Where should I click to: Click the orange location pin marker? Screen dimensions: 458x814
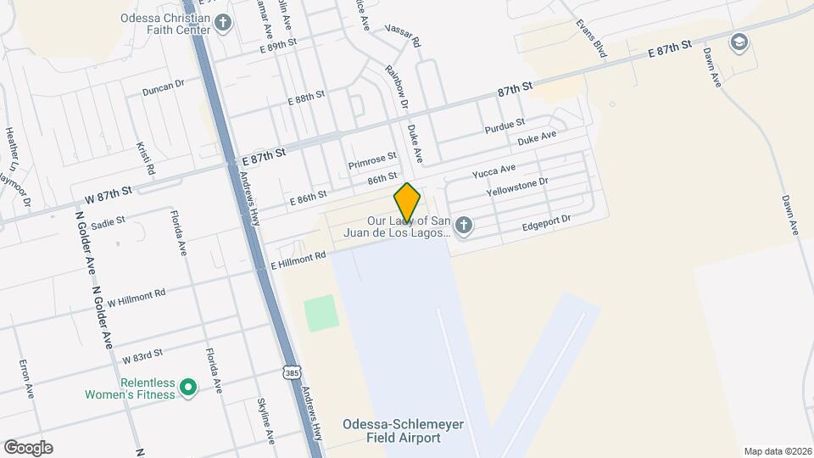(x=407, y=202)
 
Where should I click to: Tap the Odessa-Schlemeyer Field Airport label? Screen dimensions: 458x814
(x=391, y=431)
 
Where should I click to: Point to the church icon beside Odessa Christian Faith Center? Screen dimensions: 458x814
(x=223, y=22)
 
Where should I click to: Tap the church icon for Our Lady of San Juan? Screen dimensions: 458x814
(x=462, y=226)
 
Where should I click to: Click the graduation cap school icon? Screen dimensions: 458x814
(x=739, y=42)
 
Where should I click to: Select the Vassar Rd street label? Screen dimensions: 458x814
(x=403, y=35)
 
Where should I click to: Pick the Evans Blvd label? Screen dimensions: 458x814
(x=591, y=38)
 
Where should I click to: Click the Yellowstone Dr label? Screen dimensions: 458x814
(x=518, y=187)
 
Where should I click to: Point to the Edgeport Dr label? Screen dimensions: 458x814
(x=547, y=224)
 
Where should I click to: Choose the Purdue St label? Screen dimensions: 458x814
(x=505, y=127)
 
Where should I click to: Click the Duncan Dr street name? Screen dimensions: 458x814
(x=164, y=87)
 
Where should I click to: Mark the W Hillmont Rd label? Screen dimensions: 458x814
(x=130, y=298)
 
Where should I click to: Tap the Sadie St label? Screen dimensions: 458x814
(x=109, y=222)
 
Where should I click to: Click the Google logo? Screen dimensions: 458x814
(x=28, y=448)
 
